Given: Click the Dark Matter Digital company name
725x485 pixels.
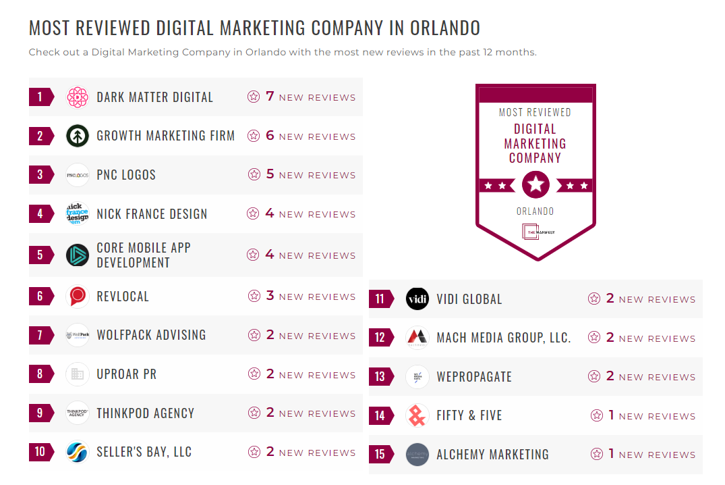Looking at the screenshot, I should pyautogui.click(x=154, y=97).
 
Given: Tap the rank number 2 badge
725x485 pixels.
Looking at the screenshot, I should pyautogui.click(x=40, y=136).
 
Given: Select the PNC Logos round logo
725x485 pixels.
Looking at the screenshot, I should pyautogui.click(x=78, y=175).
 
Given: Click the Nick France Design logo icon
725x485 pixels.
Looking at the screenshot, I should pyautogui.click(x=78, y=214).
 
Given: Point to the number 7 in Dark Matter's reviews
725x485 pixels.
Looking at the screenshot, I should pyautogui.click(x=270, y=97).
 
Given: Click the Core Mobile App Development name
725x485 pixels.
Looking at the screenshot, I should pyautogui.click(x=144, y=255).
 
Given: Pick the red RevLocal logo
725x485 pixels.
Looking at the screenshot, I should pyautogui.click(x=78, y=297).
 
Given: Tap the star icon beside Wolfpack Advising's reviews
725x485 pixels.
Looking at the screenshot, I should pyautogui.click(x=254, y=335).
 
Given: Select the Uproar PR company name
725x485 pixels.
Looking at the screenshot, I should pyautogui.click(x=126, y=374).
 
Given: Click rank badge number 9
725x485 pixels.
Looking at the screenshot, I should pyautogui.click(x=40, y=413).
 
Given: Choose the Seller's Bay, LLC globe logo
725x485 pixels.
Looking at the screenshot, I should pyautogui.click(x=78, y=452).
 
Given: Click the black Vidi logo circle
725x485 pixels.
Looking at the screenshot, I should pyautogui.click(x=417, y=299).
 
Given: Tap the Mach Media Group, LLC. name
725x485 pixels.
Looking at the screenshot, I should pyautogui.click(x=503, y=338).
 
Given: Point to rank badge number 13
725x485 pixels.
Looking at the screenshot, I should pyautogui.click(x=380, y=377).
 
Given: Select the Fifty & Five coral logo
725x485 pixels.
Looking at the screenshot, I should pyautogui.click(x=417, y=415).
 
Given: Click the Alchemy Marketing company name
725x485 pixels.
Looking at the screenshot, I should pyautogui.click(x=492, y=455).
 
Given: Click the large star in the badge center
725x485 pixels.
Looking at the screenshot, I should pyautogui.click(x=535, y=184).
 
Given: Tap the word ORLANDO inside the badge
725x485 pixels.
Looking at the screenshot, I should pyautogui.click(x=535, y=211).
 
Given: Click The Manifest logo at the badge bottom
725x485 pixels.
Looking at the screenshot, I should pyautogui.click(x=535, y=232).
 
